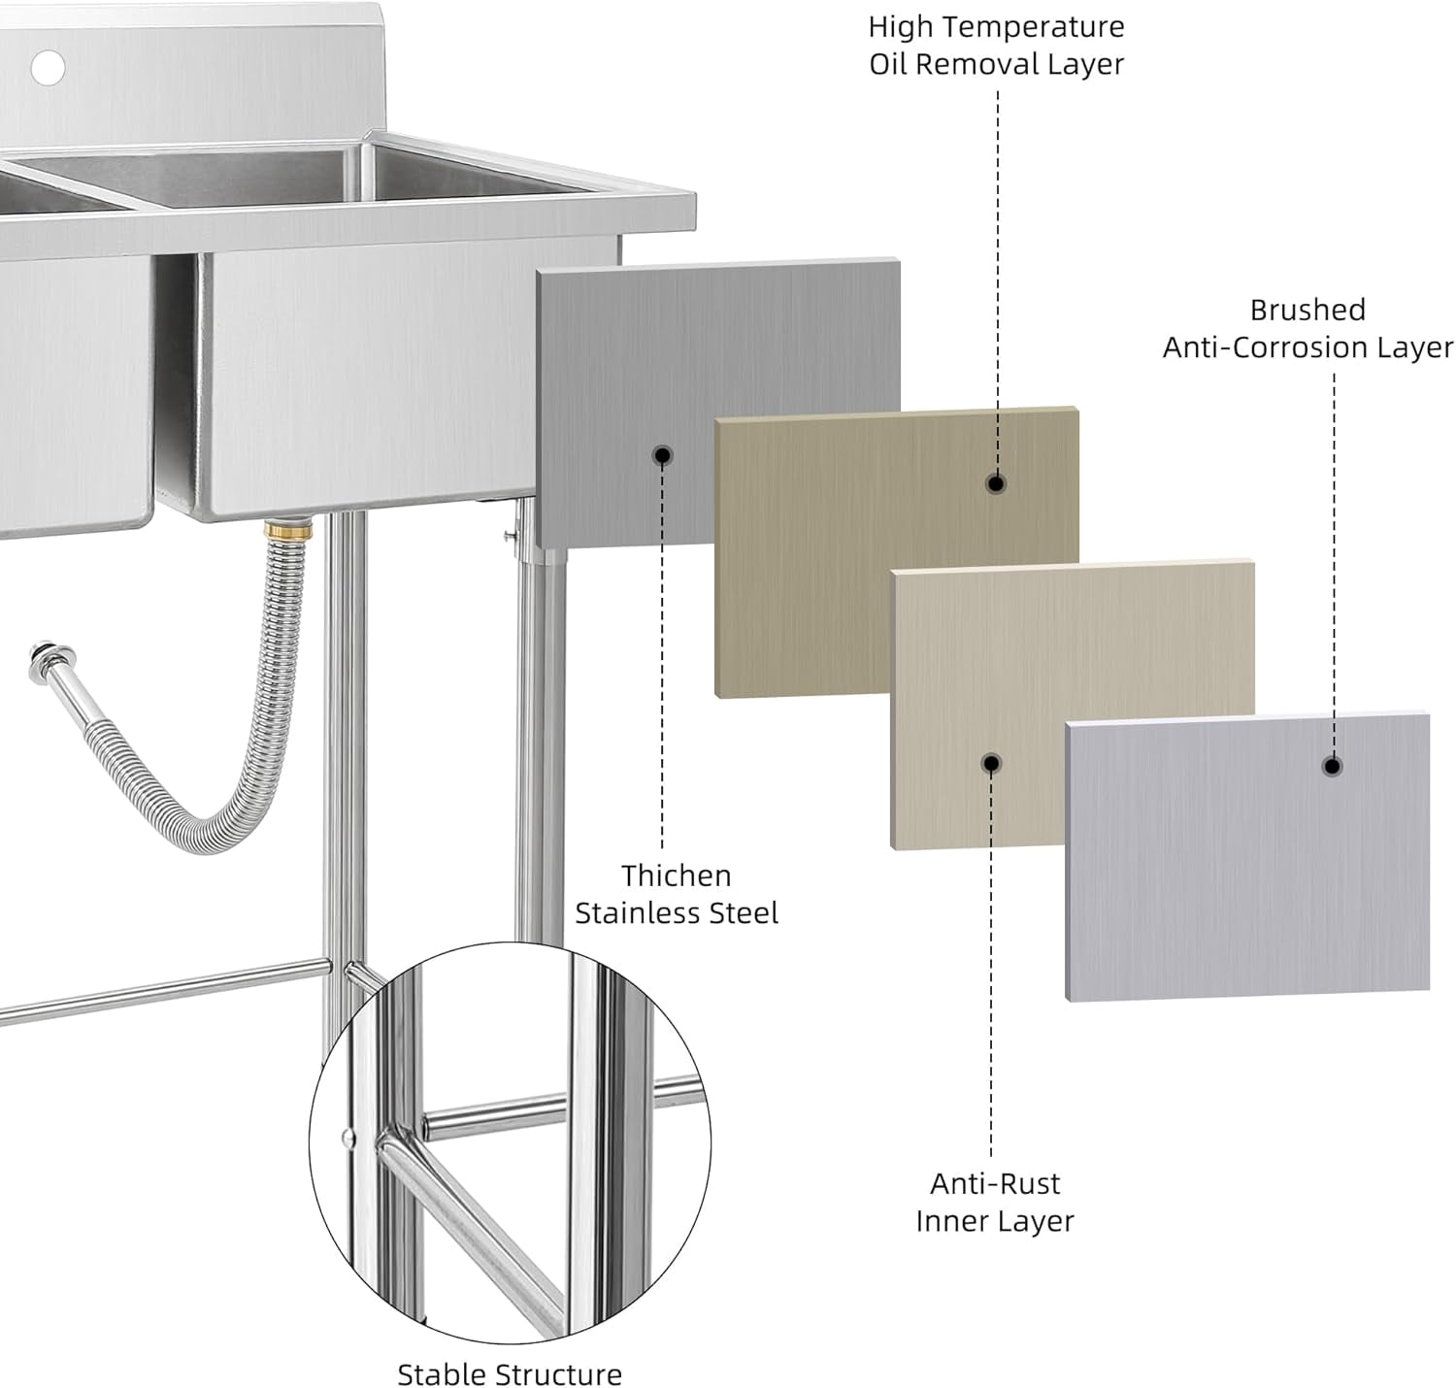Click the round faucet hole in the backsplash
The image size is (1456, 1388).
click(x=48, y=67)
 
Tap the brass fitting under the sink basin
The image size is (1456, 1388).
click(x=288, y=530)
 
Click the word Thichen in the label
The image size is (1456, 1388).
click(x=677, y=876)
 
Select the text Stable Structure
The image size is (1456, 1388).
click(x=510, y=1374)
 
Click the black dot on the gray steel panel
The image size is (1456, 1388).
click(x=662, y=455)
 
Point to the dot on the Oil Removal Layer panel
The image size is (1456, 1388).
click(x=996, y=483)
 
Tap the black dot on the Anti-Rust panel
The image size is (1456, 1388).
click(x=991, y=764)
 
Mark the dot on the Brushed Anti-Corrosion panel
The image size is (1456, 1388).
click(x=1332, y=766)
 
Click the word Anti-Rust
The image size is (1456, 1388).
click(x=995, y=1183)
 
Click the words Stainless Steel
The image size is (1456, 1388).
click(x=677, y=913)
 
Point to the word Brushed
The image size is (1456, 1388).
click(x=1307, y=310)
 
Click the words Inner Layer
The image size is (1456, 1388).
click(x=995, y=1221)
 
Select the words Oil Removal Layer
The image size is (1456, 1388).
click(x=996, y=64)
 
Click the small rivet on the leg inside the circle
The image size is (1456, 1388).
click(x=348, y=1137)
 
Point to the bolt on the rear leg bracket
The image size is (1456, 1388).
click(x=508, y=536)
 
